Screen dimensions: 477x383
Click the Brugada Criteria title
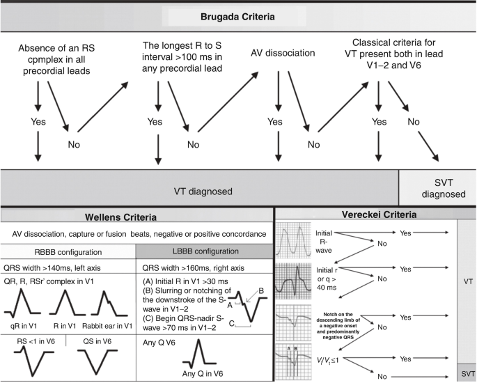[237, 17]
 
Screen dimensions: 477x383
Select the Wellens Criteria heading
[120, 217]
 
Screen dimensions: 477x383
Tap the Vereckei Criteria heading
[379, 214]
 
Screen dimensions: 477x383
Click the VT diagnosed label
[203, 191]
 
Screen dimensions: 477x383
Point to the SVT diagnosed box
[438, 188]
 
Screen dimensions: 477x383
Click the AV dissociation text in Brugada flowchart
[283, 53]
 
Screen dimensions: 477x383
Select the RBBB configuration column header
[68, 252]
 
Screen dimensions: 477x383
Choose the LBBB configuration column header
[205, 251]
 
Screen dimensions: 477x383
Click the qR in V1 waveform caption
[24, 326]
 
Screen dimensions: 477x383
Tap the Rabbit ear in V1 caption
[107, 326]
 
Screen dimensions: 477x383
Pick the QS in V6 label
[97, 341]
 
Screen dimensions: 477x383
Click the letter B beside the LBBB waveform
[261, 291]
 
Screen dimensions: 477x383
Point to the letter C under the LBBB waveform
[231, 324]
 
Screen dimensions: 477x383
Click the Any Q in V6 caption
[203, 373]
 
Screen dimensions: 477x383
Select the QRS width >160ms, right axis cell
[193, 268]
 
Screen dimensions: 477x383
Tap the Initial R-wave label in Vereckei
[324, 242]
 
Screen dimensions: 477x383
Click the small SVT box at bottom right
[467, 373]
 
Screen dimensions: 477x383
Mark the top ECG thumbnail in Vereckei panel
[294, 241]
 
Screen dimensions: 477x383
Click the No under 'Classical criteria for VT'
[414, 122]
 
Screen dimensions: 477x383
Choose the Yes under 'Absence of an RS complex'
[38, 122]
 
